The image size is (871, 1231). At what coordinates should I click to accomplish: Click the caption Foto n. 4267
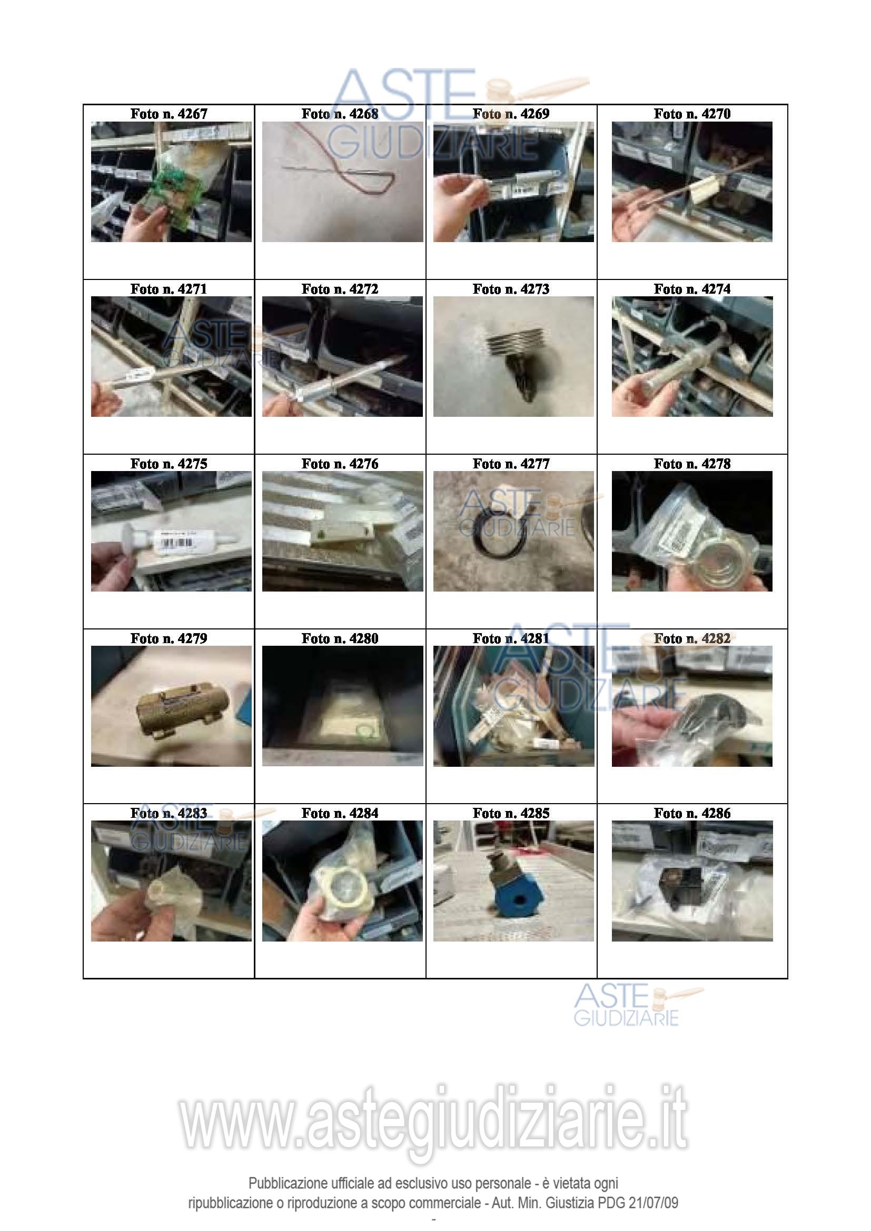169,114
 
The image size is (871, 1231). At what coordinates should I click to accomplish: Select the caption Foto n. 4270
692,114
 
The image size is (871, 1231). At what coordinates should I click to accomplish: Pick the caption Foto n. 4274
692,289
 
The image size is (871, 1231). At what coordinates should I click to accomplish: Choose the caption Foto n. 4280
340,638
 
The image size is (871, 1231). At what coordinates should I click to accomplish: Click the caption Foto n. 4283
169,813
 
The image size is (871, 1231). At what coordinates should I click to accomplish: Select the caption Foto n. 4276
340,464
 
